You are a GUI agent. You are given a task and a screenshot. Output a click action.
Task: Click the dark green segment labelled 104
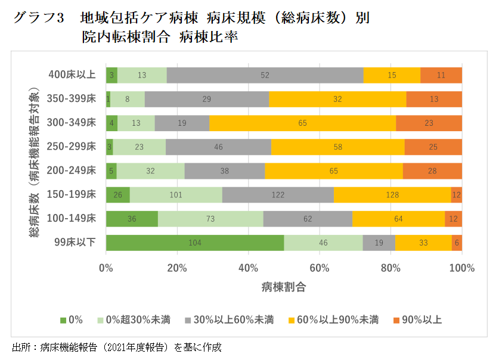(195, 243)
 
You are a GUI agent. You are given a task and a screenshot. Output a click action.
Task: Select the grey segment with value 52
(265, 75)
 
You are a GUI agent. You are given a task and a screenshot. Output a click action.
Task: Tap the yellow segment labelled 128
(392, 195)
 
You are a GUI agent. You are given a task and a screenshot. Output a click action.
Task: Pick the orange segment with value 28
(432, 171)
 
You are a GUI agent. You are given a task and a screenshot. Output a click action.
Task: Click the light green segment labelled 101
(176, 195)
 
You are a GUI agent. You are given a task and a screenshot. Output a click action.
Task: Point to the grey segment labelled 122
(278, 195)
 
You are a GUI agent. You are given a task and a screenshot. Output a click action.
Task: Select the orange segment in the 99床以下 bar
(457, 243)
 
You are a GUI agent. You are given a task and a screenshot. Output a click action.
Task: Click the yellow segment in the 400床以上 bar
(391, 75)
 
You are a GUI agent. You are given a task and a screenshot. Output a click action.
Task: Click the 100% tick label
(461, 268)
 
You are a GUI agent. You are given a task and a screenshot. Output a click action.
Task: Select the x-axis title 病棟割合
(284, 287)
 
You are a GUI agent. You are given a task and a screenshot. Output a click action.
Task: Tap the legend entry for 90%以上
(421, 320)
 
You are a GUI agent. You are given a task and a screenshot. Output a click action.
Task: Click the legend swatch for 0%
(63, 320)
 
